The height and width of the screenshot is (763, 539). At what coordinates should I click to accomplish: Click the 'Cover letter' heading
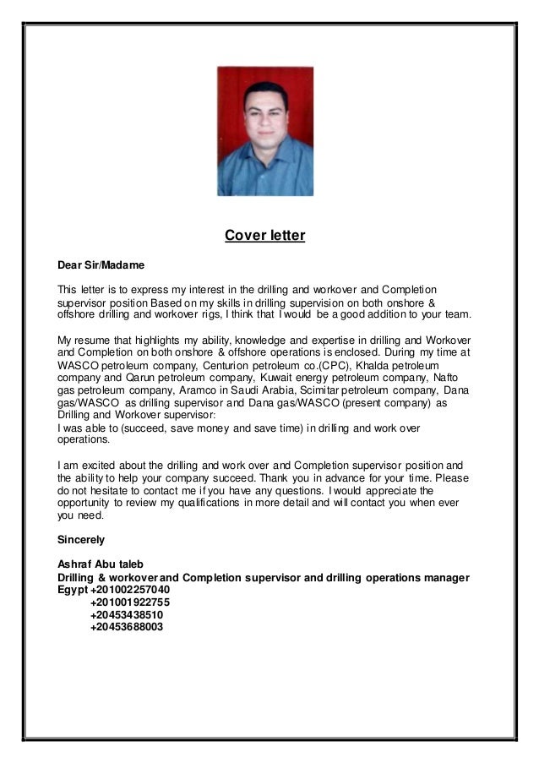tap(264, 235)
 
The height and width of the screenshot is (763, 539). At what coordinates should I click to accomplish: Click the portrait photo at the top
tap(265, 131)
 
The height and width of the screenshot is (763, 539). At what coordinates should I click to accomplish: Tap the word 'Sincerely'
tap(80, 537)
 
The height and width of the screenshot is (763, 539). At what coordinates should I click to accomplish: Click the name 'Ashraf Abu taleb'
tap(99, 564)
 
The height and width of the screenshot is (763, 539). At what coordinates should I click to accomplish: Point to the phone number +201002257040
tap(130, 589)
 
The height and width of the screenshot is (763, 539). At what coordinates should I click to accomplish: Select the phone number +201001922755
tap(130, 602)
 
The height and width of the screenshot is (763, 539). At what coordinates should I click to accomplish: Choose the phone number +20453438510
tap(127, 615)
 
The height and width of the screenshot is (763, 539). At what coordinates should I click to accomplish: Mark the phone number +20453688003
tap(127, 628)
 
